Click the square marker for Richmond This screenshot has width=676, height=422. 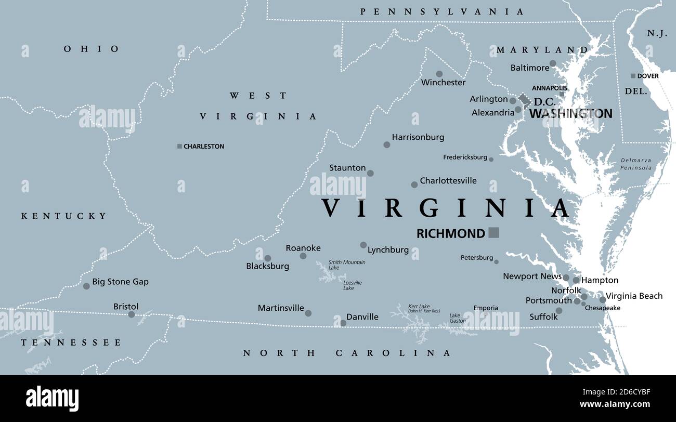493,233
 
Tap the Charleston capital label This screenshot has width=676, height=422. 204,147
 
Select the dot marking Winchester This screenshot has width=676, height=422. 439,74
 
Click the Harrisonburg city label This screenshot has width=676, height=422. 418,137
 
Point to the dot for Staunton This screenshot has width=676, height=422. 370,174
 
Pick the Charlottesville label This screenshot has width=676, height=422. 448,181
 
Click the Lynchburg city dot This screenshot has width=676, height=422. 363,245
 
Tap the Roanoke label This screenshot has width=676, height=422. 303,248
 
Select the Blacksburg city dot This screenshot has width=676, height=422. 268,258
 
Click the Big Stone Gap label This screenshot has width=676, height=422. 120,282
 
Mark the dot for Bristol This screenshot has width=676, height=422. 132,314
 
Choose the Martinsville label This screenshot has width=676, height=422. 281,308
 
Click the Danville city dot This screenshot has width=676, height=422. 343,323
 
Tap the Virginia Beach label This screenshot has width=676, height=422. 634,296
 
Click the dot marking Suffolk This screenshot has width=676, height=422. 558,311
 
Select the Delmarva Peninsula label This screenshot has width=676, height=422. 636,164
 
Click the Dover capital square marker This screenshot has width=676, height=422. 633,76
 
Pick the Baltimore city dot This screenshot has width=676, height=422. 553,63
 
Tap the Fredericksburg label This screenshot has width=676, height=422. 465,157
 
